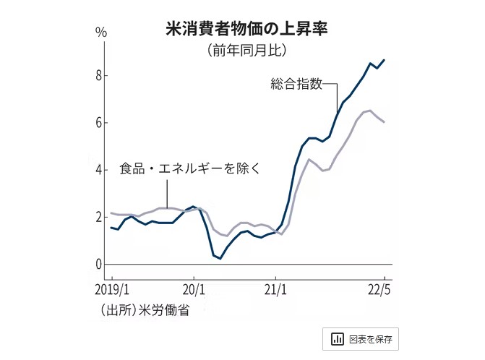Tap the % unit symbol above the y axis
[100, 33]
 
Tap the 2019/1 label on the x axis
[112, 291]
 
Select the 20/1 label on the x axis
[194, 291]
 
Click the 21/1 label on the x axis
[275, 291]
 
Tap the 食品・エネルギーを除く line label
[189, 168]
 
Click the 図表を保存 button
[361, 338]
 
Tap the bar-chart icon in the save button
[337, 338]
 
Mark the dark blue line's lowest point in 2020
[220, 258]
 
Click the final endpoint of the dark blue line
[384, 60]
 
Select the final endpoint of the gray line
[384, 122]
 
